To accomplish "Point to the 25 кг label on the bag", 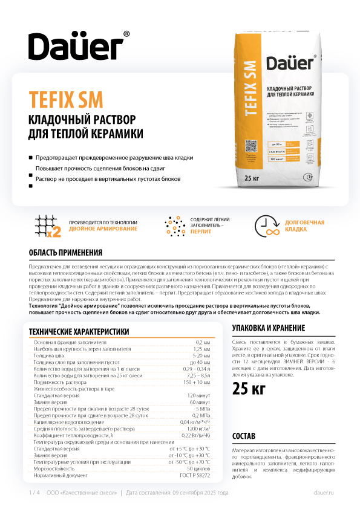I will [x=252, y=178].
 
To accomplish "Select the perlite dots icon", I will [x=175, y=225].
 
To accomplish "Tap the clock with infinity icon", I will [x=267, y=225].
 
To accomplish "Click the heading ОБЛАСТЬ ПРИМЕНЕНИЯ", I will [x=66, y=253].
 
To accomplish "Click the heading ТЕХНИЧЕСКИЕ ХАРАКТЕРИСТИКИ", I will [x=79, y=331].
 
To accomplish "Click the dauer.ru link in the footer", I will [x=324, y=493].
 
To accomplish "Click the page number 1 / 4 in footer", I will [x=34, y=493].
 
